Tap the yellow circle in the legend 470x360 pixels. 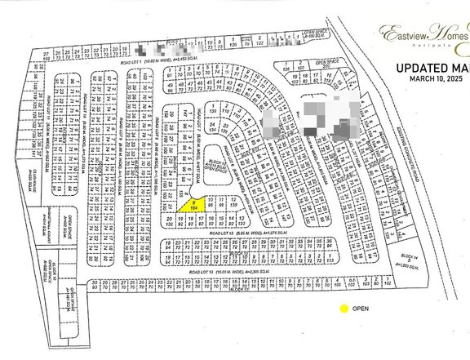click(x=344, y=309)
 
